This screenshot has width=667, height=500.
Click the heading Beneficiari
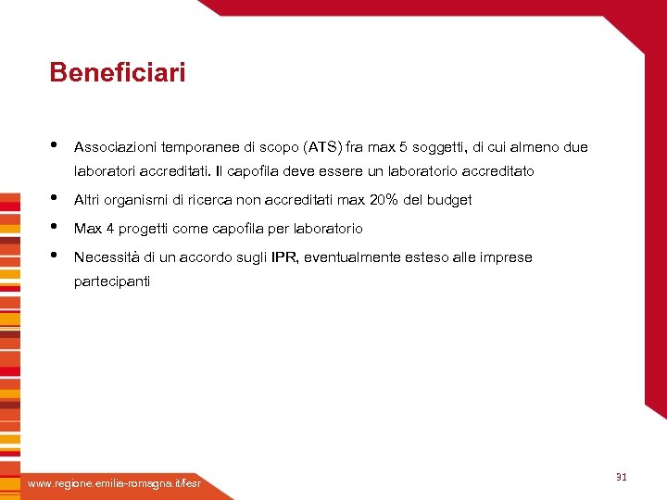point(118,72)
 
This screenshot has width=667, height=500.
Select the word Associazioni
point(115,147)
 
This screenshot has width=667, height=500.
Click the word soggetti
point(440,147)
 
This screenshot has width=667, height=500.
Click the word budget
point(450,200)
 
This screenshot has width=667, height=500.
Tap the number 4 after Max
point(109,229)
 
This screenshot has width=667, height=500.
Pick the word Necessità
point(107,257)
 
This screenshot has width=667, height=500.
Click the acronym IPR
point(284,257)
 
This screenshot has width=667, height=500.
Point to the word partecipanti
point(111,281)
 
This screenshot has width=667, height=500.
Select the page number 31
point(622,477)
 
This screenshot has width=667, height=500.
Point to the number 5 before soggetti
point(403,147)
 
